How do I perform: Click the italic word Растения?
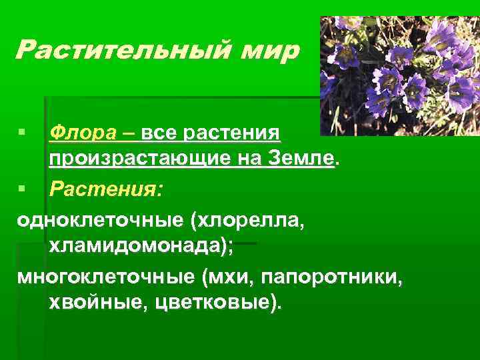click(105, 190)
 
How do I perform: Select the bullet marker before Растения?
click(24, 191)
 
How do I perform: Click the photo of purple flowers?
click(399, 75)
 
